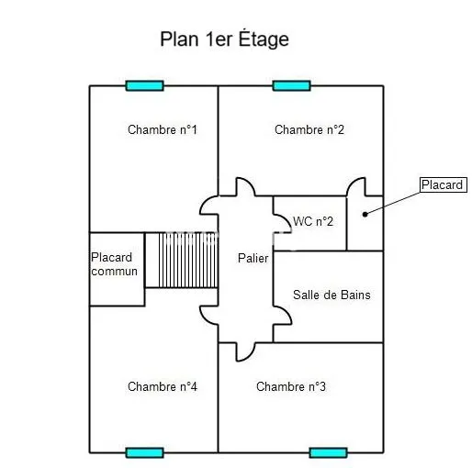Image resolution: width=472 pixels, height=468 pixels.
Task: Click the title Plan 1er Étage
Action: pos(224,39)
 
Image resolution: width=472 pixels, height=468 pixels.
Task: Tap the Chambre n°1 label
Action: pos(163,129)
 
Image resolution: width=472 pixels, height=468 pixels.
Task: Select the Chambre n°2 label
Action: pos(309,129)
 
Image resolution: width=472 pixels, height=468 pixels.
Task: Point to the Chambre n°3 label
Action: pos(291,386)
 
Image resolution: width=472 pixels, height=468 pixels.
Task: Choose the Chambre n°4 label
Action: pos(163,386)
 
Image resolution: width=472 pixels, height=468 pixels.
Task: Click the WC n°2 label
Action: pos(313,221)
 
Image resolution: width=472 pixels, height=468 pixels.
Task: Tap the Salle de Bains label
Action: pos(332,295)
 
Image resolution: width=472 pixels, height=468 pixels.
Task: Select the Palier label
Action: pos(253,258)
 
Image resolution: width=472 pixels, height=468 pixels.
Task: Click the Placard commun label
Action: pos(114,264)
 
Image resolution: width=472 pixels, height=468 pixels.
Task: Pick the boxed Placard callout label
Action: pos(444,184)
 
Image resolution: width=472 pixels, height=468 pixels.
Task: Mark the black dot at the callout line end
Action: pos(365,215)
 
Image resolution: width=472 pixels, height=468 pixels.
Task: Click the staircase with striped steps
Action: pos(182,260)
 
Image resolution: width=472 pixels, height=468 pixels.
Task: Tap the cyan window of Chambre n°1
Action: pos(145,86)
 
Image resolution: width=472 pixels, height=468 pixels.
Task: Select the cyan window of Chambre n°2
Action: pos(292,86)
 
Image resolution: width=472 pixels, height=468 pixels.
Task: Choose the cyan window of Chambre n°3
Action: pos(328,452)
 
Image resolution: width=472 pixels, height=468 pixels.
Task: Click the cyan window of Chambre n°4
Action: pos(144,452)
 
